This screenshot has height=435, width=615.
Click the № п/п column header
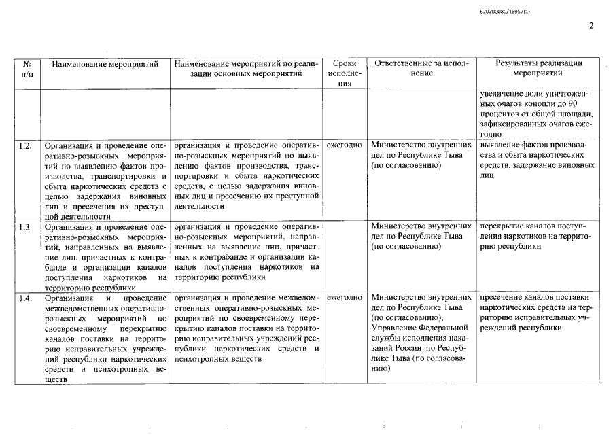[28, 69]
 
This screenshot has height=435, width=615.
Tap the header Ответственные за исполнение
[421, 69]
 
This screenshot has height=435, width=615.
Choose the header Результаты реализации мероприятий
[538, 69]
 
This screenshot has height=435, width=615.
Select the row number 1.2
[26, 145]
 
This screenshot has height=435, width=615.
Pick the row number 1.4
[26, 298]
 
